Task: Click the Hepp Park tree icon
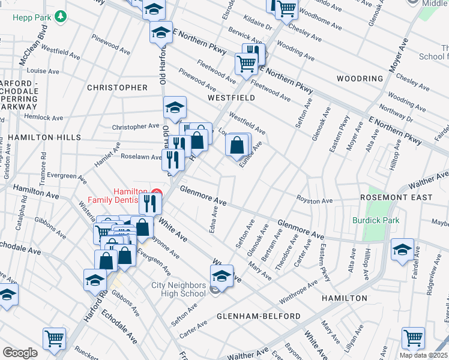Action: pos(59,17)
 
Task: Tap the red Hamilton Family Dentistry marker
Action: pos(156,193)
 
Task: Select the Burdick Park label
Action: pos(376,221)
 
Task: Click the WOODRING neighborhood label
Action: pos(360,79)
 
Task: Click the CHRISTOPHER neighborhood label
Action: pos(117,88)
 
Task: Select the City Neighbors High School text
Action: pos(179,290)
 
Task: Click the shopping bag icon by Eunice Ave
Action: pos(238,145)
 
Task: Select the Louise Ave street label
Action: pos(43,71)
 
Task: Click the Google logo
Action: pos(20,352)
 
